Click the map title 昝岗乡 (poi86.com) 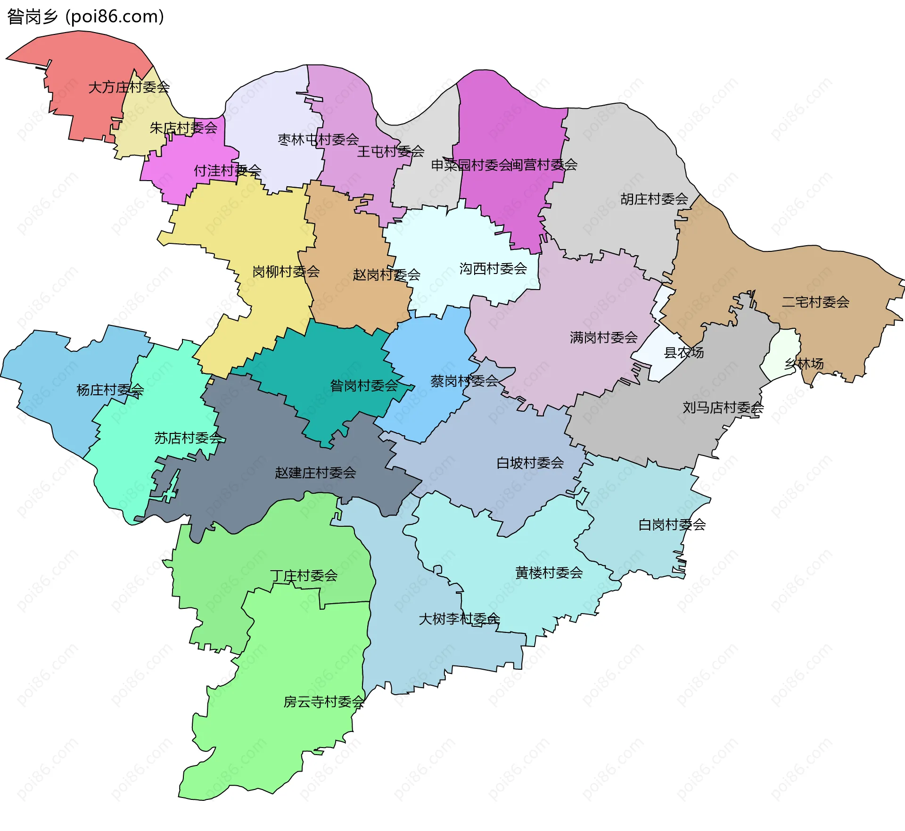click(85, 17)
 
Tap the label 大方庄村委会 click(129, 87)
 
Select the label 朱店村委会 click(183, 128)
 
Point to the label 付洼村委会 click(227, 170)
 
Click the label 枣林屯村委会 click(318, 140)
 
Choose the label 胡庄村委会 click(654, 199)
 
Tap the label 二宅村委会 click(815, 302)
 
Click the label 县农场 click(683, 352)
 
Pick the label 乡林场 click(804, 364)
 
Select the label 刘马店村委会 click(723, 407)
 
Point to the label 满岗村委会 click(603, 338)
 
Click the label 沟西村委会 click(493, 269)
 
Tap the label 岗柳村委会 click(286, 272)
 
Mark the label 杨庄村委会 click(110, 390)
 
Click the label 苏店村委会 click(188, 438)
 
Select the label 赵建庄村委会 click(315, 473)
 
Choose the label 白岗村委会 click(672, 524)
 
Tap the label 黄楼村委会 click(549, 573)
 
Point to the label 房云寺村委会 click(324, 702)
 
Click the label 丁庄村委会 click(304, 576)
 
